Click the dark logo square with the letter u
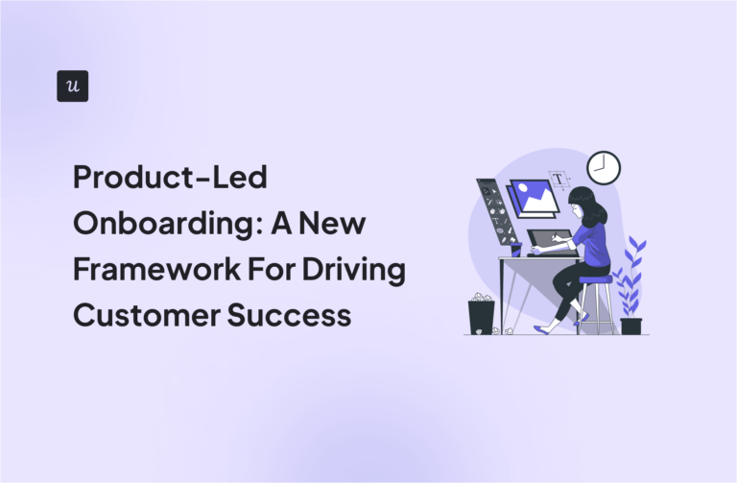[73, 85]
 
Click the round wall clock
[604, 168]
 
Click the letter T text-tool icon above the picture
[559, 179]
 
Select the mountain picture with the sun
[534, 198]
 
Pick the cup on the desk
[515, 249]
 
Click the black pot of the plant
[630, 326]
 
